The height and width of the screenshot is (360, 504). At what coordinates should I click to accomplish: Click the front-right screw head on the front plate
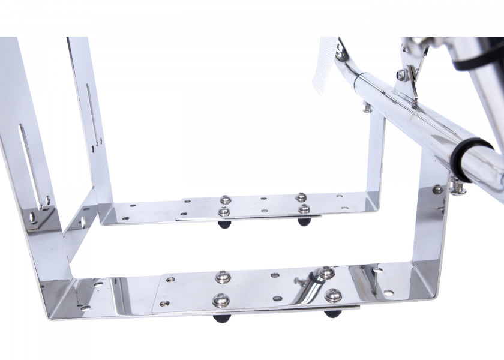334,295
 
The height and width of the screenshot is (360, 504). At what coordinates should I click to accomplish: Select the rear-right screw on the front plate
326,273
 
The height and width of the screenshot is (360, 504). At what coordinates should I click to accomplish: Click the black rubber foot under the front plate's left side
221,317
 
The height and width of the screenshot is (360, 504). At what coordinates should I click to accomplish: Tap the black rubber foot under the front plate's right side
332,313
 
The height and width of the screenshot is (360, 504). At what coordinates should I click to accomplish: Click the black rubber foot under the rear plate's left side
224,224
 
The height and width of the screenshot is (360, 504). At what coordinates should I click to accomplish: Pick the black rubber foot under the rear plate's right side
304,221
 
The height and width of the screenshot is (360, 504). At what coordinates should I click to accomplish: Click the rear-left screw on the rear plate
226,200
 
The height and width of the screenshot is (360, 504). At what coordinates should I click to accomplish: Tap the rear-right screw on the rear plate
301,197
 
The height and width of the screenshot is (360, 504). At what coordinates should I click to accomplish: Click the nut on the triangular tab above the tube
401,75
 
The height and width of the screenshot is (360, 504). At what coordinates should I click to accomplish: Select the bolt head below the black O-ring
458,190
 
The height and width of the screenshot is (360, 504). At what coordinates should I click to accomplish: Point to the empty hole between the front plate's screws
275,276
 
